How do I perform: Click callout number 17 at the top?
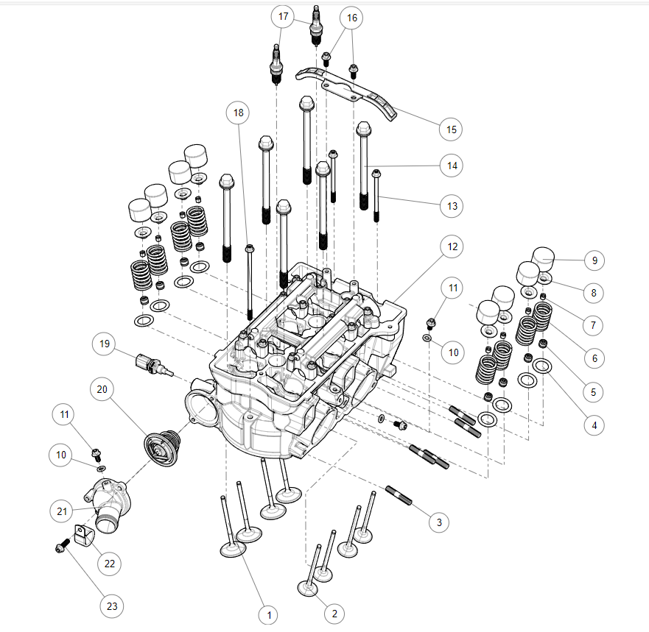(282, 17)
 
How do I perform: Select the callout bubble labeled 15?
(451, 129)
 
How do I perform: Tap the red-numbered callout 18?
(238, 113)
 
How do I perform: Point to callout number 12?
(451, 247)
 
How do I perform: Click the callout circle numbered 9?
(594, 260)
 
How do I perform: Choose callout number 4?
(594, 424)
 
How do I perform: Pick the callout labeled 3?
(439, 522)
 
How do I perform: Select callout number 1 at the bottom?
(270, 614)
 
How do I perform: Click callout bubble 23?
(111, 606)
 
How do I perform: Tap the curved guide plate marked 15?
(346, 92)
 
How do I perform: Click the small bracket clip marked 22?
(83, 536)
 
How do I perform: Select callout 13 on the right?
(451, 207)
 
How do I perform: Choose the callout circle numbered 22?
(110, 564)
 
